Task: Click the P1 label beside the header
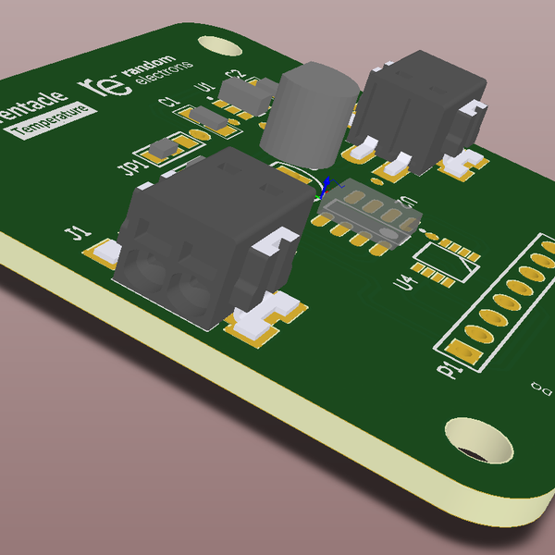450,370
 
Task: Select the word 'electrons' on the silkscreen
165,77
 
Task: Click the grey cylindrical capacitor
307,113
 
